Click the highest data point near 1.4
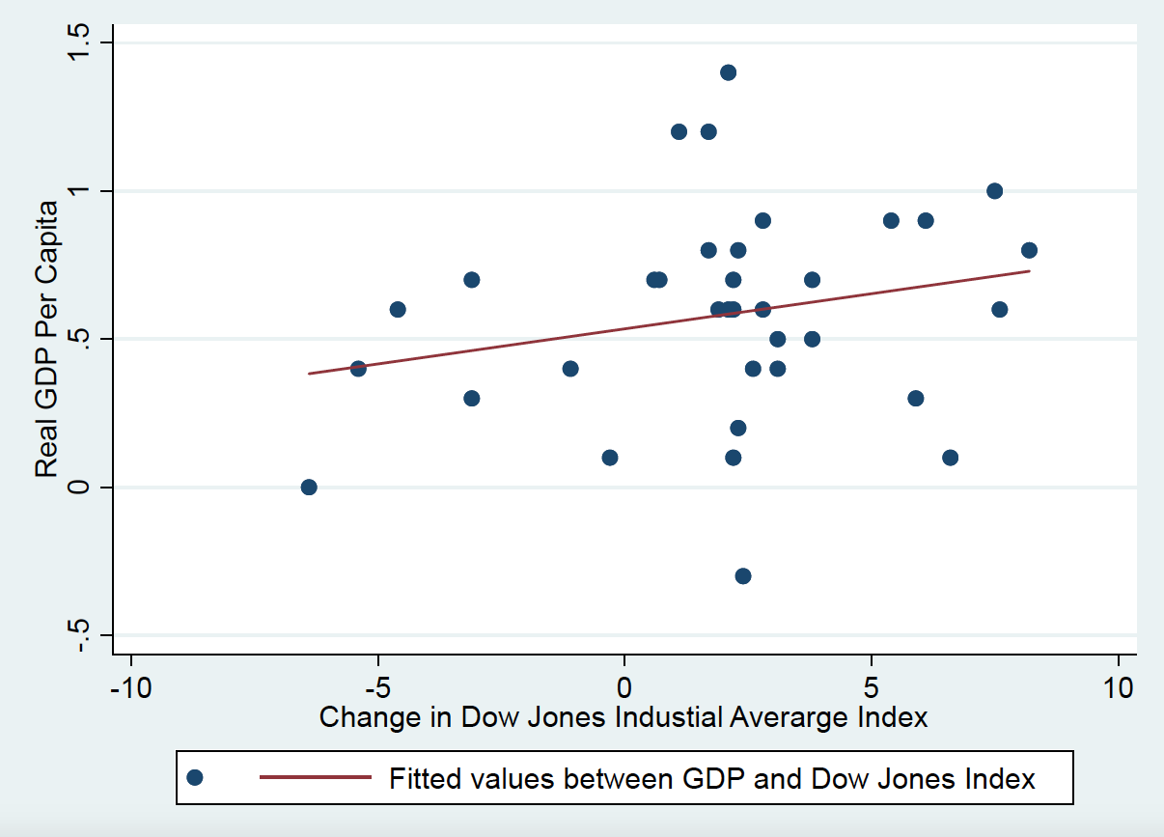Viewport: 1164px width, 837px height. pos(728,72)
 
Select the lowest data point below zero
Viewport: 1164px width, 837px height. pos(742,575)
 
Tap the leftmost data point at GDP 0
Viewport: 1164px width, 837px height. pos(309,487)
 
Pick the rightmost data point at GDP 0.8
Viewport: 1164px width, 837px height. pos(1029,250)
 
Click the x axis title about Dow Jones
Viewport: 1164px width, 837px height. pos(624,717)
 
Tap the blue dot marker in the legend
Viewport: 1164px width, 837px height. pos(195,778)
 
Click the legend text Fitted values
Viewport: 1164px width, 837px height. pos(711,778)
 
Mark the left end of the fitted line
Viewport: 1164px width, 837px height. pos(310,373)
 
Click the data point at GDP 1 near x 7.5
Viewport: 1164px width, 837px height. pos(994,190)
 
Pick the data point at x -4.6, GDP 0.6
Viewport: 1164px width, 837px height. pos(397,309)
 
